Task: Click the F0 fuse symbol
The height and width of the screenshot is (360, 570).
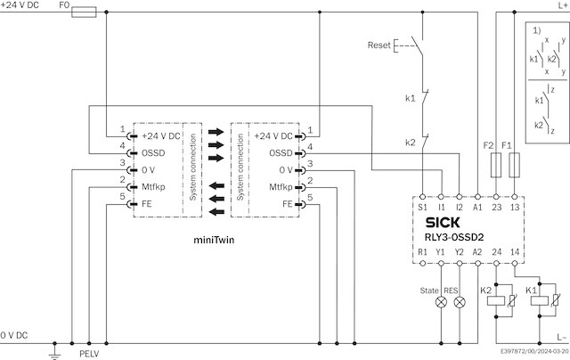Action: click(84, 12)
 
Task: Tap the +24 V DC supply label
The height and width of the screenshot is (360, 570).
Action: click(21, 6)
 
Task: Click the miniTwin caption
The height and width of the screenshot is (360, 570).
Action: click(214, 241)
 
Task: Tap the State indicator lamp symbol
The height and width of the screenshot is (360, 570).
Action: click(441, 302)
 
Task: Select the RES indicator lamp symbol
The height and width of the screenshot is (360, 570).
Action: click(460, 302)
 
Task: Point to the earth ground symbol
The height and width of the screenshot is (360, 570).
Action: click(54, 353)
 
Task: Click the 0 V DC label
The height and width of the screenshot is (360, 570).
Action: click(15, 334)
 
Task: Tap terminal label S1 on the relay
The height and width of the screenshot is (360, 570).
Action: click(423, 206)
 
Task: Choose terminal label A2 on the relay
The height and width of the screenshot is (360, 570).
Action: click(478, 252)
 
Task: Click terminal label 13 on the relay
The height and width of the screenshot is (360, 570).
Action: click(516, 206)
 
